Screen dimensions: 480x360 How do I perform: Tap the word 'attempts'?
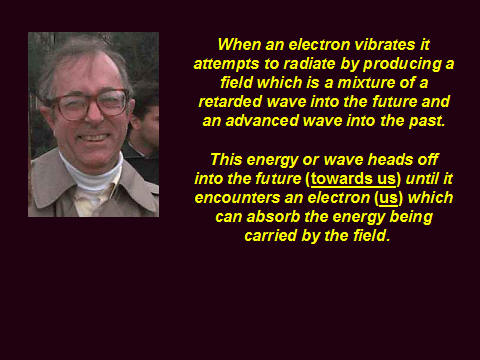coord(226,64)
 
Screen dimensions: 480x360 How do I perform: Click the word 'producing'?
coord(402,64)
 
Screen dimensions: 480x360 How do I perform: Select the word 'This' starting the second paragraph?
coord(226,159)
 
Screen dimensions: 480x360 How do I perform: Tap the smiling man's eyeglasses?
coord(90,104)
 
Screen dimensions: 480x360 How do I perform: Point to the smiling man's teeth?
coord(94,137)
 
